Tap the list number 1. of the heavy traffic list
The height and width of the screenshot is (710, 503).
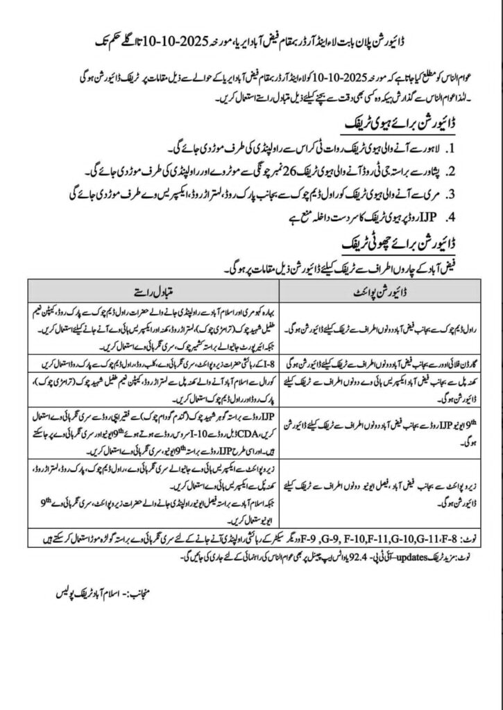pyautogui.click(x=449, y=148)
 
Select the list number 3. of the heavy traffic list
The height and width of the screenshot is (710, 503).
pyautogui.click(x=449, y=194)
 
